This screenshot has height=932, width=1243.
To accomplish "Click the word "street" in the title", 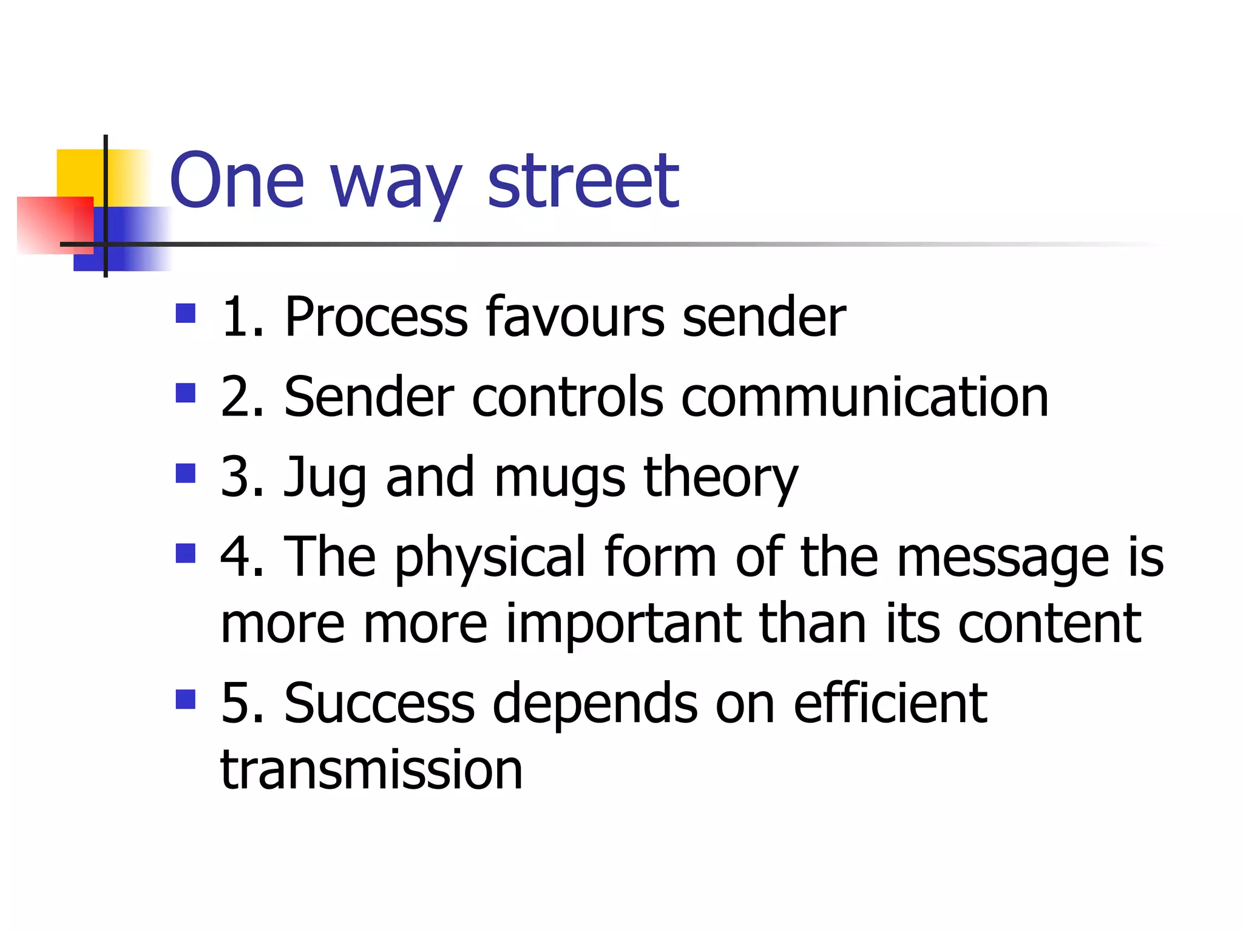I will click(x=583, y=181).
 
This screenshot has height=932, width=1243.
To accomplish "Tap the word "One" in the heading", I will click(x=237, y=181).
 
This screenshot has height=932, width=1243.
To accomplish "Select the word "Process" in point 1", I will click(x=376, y=317).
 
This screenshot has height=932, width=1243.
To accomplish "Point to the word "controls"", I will click(x=567, y=397).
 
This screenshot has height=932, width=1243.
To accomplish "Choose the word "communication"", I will click(x=865, y=397).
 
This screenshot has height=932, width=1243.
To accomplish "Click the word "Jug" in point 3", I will click(x=325, y=478).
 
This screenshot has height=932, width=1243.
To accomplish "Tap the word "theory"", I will click(x=720, y=478).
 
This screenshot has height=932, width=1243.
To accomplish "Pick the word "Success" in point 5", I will click(x=379, y=703).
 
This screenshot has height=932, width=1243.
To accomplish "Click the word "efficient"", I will click(x=890, y=703).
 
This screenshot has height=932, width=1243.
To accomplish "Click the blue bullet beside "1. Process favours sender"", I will click(x=185, y=313).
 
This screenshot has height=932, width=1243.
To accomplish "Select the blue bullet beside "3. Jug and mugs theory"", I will click(x=185, y=473).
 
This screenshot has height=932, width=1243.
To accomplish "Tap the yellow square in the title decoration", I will click(x=79, y=172).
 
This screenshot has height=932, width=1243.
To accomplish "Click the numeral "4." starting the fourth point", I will click(x=242, y=557).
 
